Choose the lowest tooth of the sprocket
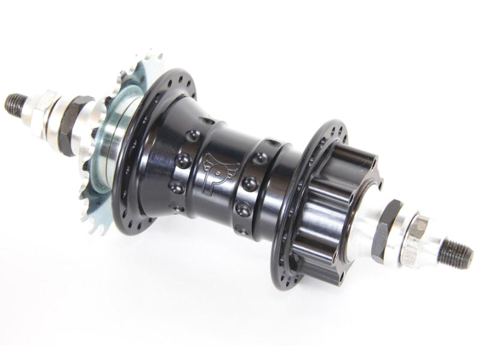pos(96,229)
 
